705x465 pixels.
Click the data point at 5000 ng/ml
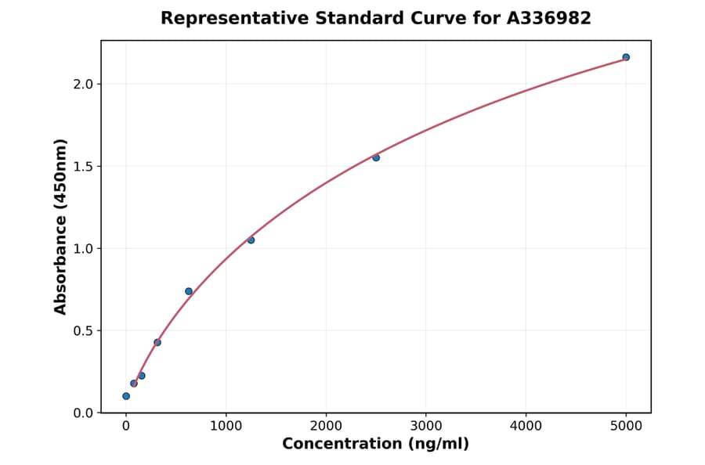(x=626, y=57)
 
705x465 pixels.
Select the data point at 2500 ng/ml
(x=376, y=157)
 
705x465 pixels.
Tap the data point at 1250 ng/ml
(x=251, y=240)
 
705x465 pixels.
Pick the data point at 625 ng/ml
(x=189, y=291)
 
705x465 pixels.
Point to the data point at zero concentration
(x=126, y=396)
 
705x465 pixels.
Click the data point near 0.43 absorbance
(x=157, y=342)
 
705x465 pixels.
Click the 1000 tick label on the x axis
(x=226, y=427)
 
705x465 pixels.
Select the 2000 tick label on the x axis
(x=326, y=427)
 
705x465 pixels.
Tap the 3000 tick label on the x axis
(x=426, y=427)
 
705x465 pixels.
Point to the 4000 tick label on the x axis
(x=526, y=427)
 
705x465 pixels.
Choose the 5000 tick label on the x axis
(x=626, y=427)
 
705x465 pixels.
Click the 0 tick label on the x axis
(x=126, y=427)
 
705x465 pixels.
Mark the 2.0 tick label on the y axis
(x=84, y=84)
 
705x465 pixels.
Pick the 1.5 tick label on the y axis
(x=84, y=166)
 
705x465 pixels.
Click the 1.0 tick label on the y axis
(x=84, y=248)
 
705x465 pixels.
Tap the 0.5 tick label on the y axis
(x=84, y=330)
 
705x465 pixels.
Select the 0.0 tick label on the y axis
(x=84, y=413)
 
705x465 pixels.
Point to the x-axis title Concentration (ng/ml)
(x=375, y=445)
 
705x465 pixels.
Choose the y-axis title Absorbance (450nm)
(x=61, y=226)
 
